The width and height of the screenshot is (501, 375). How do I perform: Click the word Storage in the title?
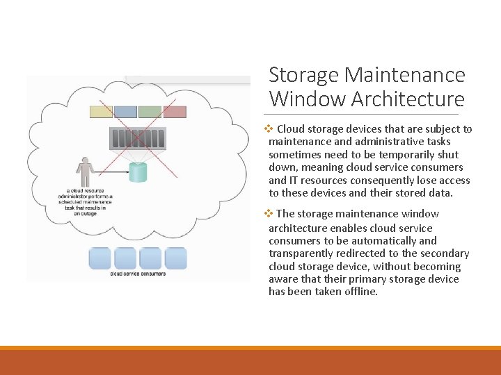[303, 75]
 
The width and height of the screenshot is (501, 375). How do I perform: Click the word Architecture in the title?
[408, 99]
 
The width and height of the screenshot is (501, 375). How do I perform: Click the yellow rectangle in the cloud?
[101, 112]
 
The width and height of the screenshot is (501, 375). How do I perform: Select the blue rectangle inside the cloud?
[125, 112]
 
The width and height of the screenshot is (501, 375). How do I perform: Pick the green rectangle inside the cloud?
[150, 112]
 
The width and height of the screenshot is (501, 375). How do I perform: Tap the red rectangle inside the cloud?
[174, 112]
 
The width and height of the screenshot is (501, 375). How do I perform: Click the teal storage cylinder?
[138, 172]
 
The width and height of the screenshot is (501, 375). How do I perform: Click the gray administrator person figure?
[86, 172]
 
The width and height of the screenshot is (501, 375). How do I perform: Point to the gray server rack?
[138, 137]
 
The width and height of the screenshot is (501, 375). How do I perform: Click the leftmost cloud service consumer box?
[100, 258]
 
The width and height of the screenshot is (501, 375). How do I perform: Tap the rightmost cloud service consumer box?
[175, 258]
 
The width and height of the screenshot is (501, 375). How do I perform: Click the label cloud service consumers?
[138, 274]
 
